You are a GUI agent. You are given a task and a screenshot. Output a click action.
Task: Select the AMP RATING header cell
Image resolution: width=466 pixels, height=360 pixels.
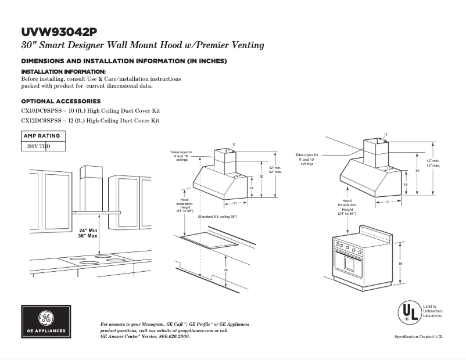[x=41, y=136]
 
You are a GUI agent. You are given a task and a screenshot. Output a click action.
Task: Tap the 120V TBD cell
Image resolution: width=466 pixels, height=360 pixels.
[x=35, y=147]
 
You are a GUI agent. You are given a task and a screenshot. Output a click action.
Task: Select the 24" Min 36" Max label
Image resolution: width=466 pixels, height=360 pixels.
[x=88, y=233]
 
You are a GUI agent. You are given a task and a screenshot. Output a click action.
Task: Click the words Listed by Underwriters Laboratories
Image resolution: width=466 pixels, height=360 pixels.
[x=431, y=311]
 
